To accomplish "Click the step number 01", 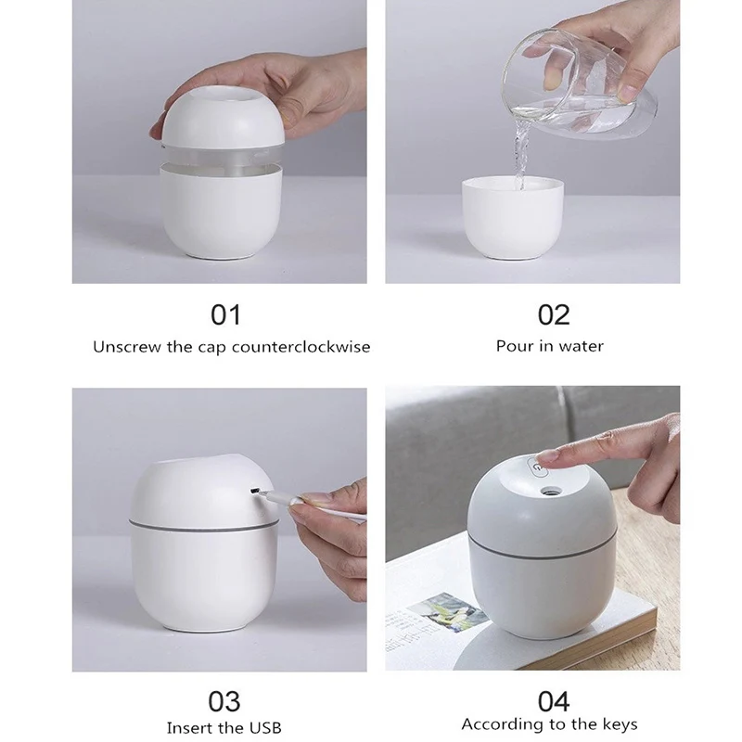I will pos(225,314).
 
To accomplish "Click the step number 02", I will pos(554,314).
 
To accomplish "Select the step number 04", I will pos(554,700).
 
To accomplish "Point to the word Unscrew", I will pos(124,347).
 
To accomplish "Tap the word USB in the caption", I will pos(264,727).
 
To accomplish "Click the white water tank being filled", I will pos(512,218).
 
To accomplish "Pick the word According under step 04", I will pos(501,724).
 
